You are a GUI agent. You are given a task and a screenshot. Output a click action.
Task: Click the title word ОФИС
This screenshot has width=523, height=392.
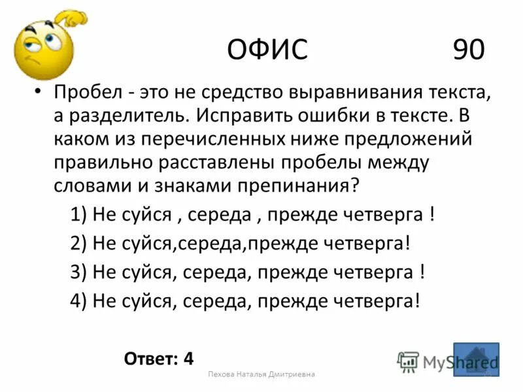tap(267, 50)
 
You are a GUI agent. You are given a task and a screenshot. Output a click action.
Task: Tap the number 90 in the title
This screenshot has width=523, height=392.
tap(468, 50)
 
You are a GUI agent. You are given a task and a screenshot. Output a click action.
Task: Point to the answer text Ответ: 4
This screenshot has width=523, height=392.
tap(158, 358)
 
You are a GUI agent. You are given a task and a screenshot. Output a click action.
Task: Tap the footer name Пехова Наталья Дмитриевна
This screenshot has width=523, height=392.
tap(261, 374)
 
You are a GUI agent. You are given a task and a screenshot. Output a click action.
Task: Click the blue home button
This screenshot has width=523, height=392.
tap(476, 359)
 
